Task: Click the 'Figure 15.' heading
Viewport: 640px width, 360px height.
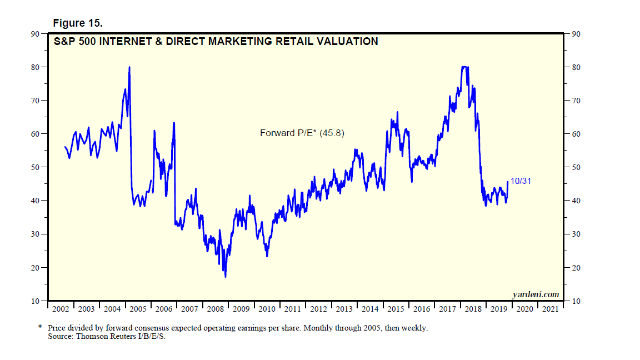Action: [78, 23]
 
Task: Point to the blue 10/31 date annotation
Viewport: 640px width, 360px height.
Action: [521, 182]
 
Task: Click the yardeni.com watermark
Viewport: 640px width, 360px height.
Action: [535, 295]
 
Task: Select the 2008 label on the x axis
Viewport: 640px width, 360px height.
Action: [215, 309]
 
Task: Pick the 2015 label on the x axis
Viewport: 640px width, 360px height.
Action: [396, 309]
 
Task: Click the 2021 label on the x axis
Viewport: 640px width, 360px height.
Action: [550, 309]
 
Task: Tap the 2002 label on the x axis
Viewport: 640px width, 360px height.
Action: [60, 309]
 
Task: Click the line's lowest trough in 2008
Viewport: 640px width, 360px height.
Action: [225, 276]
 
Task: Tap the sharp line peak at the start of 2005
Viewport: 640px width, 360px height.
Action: [129, 67]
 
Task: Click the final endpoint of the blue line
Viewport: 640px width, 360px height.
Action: [507, 181]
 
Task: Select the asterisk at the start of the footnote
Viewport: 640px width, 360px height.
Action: [40, 327]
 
